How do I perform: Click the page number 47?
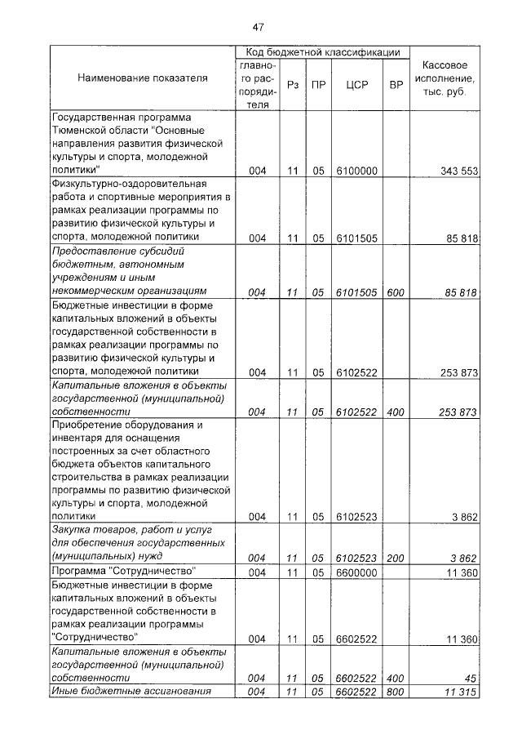click(260, 26)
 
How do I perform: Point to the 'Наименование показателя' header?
click(143, 78)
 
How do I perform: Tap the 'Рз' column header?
click(292, 85)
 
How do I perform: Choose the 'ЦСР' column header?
click(356, 85)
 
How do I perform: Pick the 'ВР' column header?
click(396, 85)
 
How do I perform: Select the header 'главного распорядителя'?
click(257, 85)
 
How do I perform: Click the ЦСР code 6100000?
click(356, 171)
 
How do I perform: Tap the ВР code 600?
click(396, 292)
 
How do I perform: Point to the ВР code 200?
click(396, 558)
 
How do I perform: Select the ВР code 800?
click(396, 692)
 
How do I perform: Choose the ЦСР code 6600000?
click(356, 572)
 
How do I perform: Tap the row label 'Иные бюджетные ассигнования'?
click(131, 692)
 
